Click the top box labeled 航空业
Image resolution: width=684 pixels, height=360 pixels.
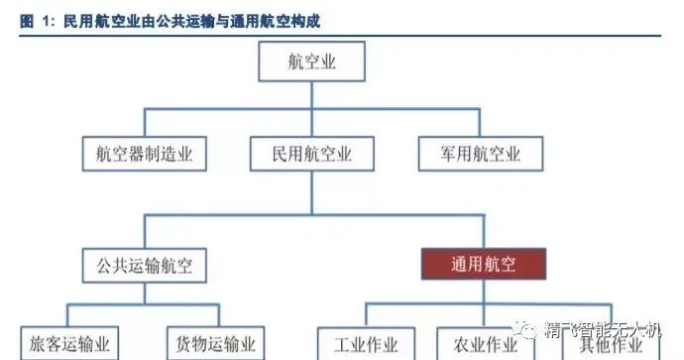click(311, 60)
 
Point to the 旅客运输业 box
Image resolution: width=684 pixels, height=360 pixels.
click(69, 343)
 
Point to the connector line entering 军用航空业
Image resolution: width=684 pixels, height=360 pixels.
click(481, 122)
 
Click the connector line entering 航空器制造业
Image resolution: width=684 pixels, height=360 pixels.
click(144, 122)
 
